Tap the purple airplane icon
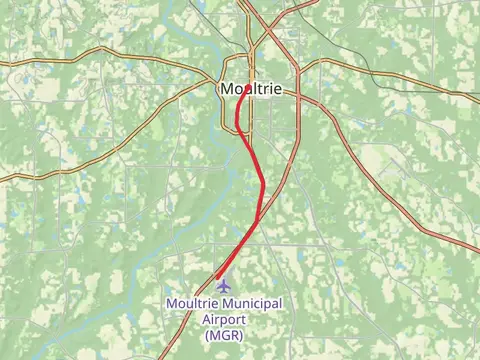click(x=222, y=288)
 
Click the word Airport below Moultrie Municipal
click(x=222, y=320)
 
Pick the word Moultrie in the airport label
click(x=192, y=304)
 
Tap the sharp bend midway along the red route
click(x=263, y=184)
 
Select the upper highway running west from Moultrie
click(x=100, y=50)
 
